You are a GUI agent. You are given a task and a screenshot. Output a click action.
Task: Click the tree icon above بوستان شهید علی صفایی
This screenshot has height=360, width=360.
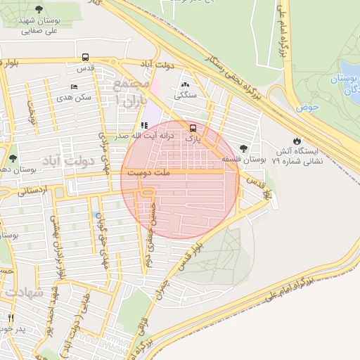pos(38,9)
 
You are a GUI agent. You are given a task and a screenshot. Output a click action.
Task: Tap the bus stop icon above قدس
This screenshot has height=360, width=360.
pos(85,57)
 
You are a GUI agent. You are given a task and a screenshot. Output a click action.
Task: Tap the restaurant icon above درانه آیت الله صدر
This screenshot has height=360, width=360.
pos(144,126)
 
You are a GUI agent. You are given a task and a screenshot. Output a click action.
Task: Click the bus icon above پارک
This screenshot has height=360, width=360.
pos(193,128)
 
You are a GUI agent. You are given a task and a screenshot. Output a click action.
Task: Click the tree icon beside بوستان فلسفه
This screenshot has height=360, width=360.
pos(243,148)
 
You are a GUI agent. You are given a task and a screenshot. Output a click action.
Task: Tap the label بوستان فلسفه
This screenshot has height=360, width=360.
pos(240,160)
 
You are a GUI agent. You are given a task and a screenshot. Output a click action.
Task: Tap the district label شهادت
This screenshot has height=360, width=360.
pos(24,290)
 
